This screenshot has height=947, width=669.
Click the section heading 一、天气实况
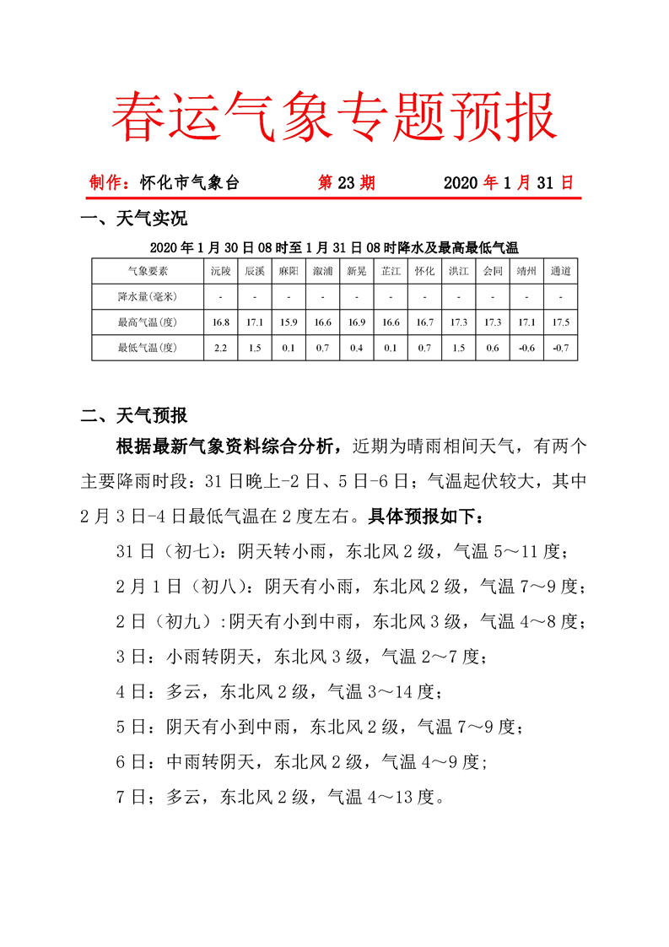coord(133,219)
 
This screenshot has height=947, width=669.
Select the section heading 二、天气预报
coord(133,415)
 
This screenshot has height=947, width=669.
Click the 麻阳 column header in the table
coord(289,271)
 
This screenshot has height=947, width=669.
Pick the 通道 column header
coord(560,271)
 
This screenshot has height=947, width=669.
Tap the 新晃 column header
coord(356,271)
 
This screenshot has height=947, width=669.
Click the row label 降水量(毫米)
coord(148,296)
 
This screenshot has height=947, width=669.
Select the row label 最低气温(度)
coord(148,348)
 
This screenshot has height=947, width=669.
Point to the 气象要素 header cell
coord(148,271)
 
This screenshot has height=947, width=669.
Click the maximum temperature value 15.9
coord(289,322)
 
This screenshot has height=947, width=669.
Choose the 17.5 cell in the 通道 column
coord(560,322)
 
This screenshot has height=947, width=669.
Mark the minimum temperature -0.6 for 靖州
coord(526,348)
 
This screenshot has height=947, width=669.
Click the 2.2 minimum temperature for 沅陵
coord(220,348)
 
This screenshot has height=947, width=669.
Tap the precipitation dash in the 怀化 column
coord(424,296)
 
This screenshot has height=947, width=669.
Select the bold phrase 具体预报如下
coord(422,515)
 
